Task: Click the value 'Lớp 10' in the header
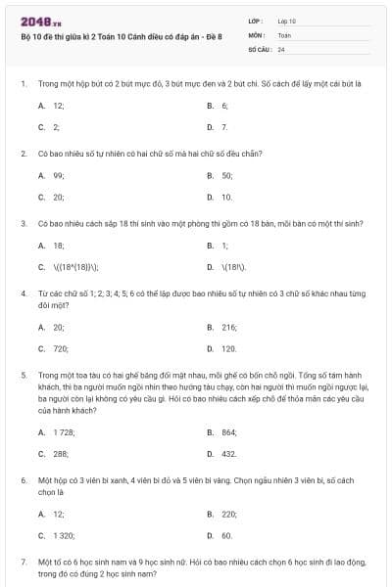click(287, 20)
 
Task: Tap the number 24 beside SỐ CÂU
click(281, 48)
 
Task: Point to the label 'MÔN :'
click(257, 34)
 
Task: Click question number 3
click(23, 223)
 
